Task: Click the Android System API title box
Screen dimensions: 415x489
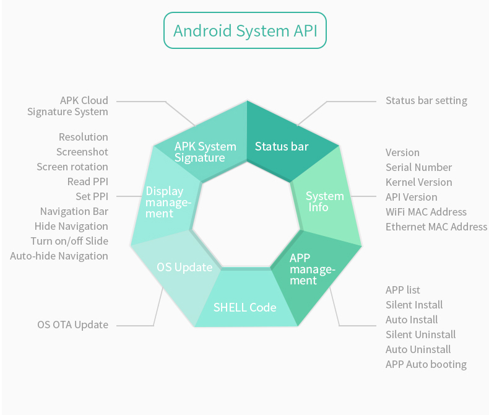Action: coord(244,31)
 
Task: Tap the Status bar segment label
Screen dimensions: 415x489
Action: coord(282,147)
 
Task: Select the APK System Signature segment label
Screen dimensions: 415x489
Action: coord(205,152)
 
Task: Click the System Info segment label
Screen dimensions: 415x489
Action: coord(325,201)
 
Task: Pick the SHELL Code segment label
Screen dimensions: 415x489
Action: coord(244,307)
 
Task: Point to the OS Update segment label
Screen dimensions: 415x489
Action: coord(184,268)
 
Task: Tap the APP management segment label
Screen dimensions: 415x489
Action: coord(312,269)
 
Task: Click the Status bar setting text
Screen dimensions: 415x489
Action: coord(426,100)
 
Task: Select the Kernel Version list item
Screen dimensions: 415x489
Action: coord(418,182)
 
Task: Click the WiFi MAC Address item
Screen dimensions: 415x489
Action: coord(426,212)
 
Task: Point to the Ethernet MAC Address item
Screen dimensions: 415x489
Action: coord(436,227)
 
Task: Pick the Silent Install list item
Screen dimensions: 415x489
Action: coord(414,305)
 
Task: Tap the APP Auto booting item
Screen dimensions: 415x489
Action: coord(426,364)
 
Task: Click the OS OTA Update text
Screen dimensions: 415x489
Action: coord(72,325)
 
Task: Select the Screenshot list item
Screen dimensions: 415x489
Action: coord(82,152)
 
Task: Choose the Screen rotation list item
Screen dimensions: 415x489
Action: coord(72,167)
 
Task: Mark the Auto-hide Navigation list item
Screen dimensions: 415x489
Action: coord(59,256)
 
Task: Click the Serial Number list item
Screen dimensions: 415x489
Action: coord(418,167)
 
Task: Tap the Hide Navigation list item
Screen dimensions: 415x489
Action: coord(71,226)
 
